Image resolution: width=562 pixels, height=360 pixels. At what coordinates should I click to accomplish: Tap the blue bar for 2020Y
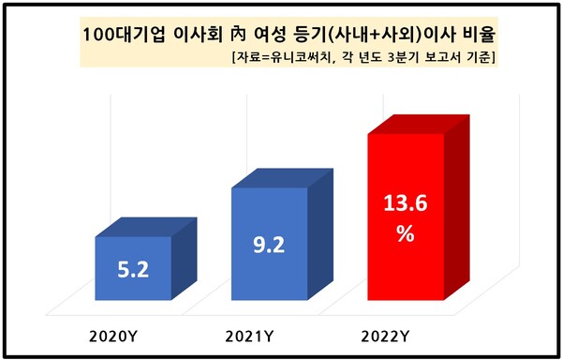coord(133,270)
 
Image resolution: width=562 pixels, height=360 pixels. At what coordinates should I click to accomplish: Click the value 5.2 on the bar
coord(132,274)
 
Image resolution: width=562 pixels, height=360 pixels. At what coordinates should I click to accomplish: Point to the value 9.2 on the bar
coord(270,247)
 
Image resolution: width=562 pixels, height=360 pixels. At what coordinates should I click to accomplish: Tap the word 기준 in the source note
coord(483,58)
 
